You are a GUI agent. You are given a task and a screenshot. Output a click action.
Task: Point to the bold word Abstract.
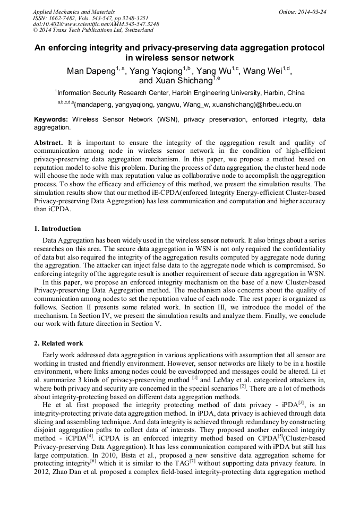pyautogui.click(x=49, y=143)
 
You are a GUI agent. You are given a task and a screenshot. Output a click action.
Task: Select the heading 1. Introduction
pyautogui.click(x=57, y=229)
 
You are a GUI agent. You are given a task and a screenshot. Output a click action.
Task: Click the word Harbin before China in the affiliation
pyautogui.click(x=278, y=92)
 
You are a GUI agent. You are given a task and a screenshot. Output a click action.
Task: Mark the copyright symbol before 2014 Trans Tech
pyautogui.click(x=35, y=30)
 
